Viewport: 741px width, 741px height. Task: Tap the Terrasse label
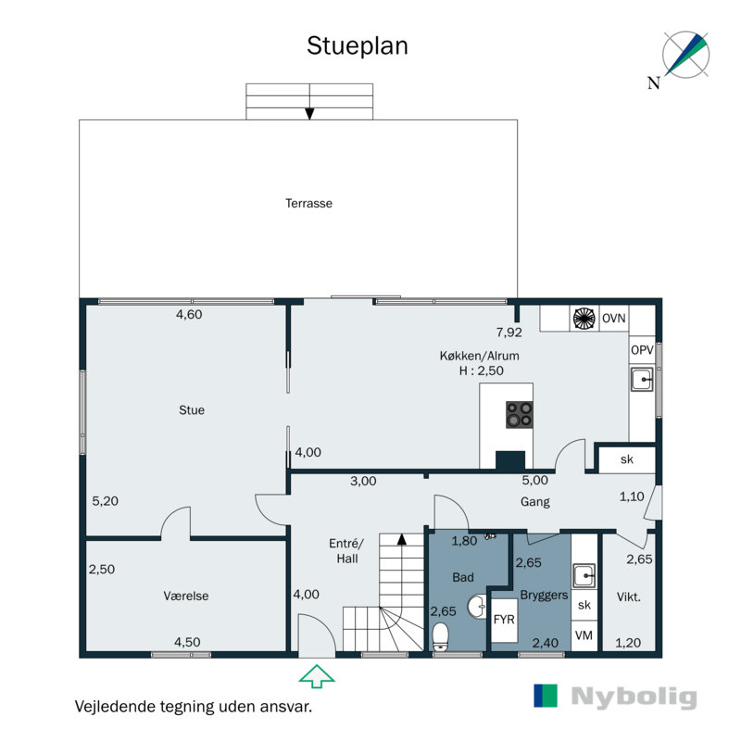tap(308, 203)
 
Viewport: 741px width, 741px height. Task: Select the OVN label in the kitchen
tap(613, 319)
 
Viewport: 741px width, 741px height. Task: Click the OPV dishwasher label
tap(642, 350)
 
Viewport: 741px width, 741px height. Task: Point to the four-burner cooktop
tap(520, 415)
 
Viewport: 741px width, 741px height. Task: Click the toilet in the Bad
tap(441, 636)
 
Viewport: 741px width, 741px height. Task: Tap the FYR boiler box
tap(504, 620)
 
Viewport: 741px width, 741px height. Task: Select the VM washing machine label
tap(584, 635)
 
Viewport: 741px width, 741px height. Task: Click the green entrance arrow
tap(317, 676)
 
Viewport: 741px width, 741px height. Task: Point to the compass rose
tap(685, 55)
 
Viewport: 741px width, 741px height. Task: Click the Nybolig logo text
tap(634, 697)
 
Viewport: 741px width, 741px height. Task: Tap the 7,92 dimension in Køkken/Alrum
tap(509, 333)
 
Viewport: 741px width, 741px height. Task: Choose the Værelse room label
tap(186, 596)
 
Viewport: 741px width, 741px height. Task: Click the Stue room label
tap(192, 410)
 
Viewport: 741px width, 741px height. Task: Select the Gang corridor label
tap(535, 502)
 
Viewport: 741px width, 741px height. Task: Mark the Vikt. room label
tap(629, 597)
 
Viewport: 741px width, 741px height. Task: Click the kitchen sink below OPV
tap(642, 379)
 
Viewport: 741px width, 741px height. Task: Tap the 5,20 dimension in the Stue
tap(105, 501)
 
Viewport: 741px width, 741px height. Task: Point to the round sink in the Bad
tap(477, 607)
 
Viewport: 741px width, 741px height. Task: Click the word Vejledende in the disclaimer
tap(115, 707)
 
